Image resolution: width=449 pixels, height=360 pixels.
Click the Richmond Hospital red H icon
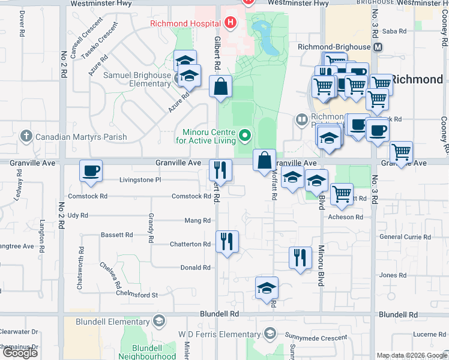(229, 23)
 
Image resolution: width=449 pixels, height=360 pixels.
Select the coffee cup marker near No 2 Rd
(91, 171)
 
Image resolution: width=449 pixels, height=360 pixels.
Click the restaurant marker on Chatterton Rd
(227, 242)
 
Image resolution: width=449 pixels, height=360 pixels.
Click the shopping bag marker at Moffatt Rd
(264, 161)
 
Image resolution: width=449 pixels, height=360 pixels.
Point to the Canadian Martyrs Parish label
(81, 137)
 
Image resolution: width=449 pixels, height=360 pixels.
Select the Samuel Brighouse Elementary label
(137, 79)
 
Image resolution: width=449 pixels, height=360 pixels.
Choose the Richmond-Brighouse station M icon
(378, 47)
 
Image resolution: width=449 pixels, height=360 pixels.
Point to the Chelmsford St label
(138, 295)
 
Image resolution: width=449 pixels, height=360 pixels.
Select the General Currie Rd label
(405, 237)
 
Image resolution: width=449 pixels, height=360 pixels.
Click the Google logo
(20, 353)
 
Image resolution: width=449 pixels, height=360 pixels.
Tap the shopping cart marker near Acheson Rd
(342, 194)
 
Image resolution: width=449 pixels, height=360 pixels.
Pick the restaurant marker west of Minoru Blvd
(300, 257)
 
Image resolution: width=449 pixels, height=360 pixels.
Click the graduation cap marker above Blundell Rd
(267, 288)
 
